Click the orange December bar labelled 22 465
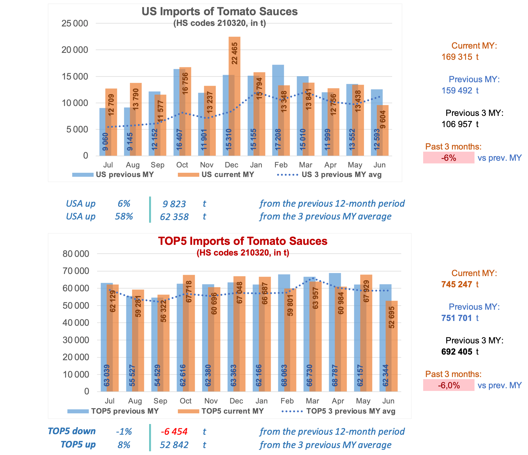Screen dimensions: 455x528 pos(235,96)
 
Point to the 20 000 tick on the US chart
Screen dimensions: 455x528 pos(75,50)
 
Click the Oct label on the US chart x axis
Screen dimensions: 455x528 pos(182,165)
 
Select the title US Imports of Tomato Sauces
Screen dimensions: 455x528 pos(219,11)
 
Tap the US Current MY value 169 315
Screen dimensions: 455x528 pos(457,57)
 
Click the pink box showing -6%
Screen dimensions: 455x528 pos(449,158)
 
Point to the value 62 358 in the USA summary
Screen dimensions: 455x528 pos(174,217)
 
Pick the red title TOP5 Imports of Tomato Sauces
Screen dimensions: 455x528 pos(243,241)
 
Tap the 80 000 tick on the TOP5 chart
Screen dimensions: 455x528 pos(76,254)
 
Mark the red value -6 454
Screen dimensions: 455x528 pos(174,432)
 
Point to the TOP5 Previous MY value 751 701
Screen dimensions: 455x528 pos(457,318)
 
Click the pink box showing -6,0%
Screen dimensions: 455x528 pos(449,385)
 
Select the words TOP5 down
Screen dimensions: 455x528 pos(72,431)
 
